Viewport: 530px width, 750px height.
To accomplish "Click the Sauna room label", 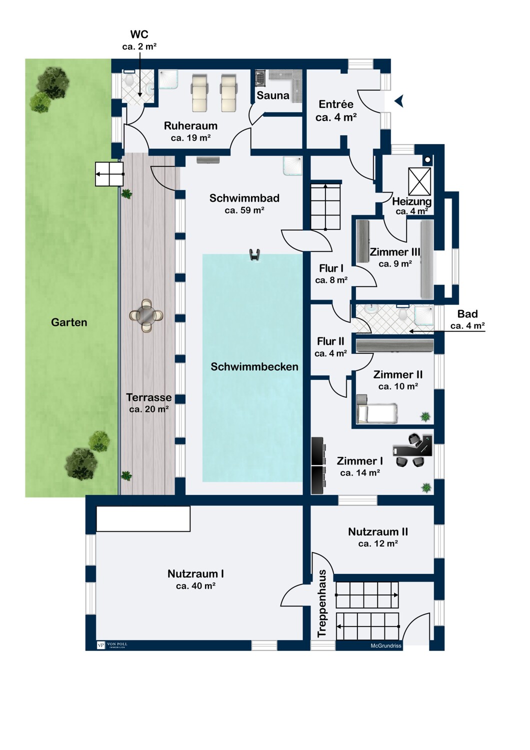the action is click(273, 95).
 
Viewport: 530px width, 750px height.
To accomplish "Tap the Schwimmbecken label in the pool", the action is click(254, 366).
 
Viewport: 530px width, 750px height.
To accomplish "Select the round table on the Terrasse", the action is click(146, 315).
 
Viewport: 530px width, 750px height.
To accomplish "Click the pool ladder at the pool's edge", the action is click(254, 254).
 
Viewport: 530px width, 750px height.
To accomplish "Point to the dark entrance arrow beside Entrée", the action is click(399, 101).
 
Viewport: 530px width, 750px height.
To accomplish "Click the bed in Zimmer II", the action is click(377, 413).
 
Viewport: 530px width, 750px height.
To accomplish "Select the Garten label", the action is click(69, 322).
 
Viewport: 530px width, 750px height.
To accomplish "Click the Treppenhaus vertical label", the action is click(321, 603).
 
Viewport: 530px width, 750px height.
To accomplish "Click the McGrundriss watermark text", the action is click(385, 646).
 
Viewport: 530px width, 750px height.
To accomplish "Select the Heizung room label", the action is click(412, 201).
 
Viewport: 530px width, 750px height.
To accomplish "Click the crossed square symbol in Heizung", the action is click(419, 181).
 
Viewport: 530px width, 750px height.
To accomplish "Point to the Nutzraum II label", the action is click(378, 531).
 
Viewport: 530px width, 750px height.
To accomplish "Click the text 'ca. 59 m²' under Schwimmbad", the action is click(244, 210).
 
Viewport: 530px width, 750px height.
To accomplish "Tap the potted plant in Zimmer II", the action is click(425, 417).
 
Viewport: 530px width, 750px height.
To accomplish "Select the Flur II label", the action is click(331, 341).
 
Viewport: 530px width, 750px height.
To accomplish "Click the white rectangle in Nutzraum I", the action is click(143, 518).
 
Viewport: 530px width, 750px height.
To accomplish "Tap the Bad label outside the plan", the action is click(467, 314).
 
